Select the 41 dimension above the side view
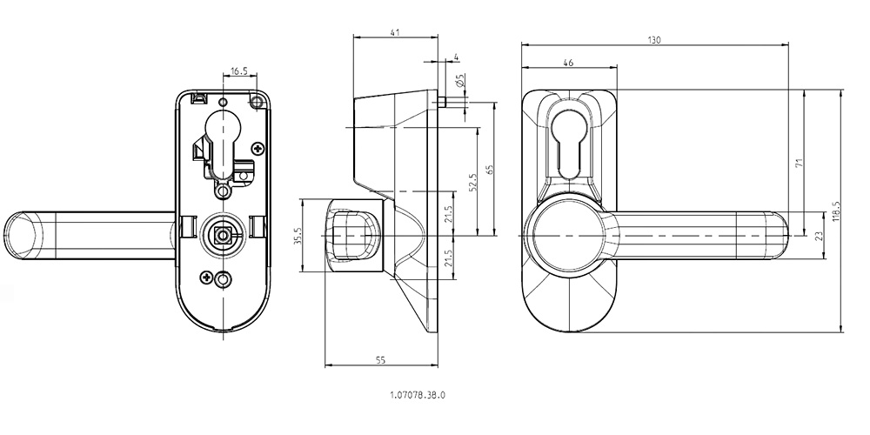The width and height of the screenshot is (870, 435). click(x=396, y=31)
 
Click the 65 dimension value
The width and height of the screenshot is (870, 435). click(x=490, y=170)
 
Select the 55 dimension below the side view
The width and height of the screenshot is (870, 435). click(x=380, y=358)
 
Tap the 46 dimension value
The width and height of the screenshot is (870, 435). click(x=568, y=63)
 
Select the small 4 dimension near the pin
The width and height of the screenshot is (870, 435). click(x=455, y=58)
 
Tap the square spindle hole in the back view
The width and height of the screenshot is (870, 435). click(x=222, y=234)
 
